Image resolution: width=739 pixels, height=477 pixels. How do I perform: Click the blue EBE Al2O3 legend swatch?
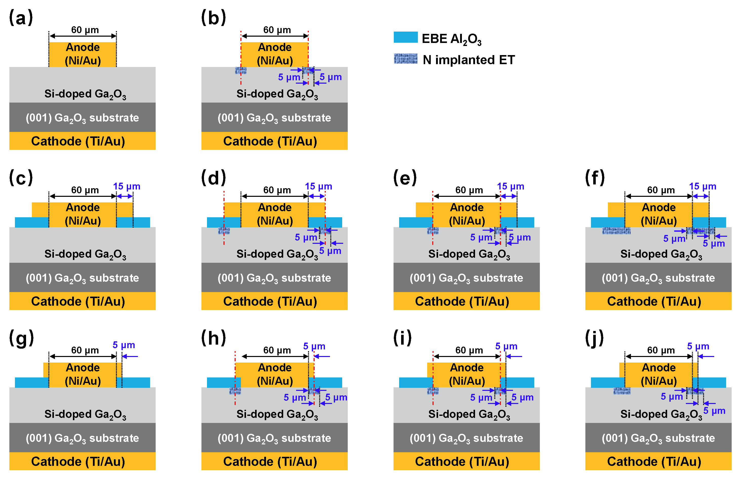(x=405, y=37)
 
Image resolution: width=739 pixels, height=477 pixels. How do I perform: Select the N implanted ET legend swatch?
(x=405, y=59)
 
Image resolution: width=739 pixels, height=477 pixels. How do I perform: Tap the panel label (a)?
(x=20, y=18)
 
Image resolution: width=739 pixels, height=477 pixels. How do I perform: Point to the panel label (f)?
(x=594, y=178)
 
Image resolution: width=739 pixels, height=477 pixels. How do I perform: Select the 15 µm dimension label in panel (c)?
(x=127, y=186)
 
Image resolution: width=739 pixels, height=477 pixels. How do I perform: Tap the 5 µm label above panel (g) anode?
(x=124, y=345)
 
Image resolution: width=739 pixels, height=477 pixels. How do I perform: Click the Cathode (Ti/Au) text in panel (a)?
(x=78, y=141)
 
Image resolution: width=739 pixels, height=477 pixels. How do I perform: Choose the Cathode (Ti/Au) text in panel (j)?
(x=654, y=462)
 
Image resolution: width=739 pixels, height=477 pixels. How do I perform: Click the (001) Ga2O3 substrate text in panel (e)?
(x=466, y=278)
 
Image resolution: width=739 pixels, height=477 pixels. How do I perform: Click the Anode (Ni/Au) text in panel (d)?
(x=275, y=214)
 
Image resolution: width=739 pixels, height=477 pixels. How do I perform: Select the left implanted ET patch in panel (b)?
(x=240, y=71)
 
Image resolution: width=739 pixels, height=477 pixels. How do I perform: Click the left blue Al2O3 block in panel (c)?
(x=32, y=222)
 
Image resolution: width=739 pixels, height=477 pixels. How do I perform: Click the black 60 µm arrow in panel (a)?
(x=83, y=36)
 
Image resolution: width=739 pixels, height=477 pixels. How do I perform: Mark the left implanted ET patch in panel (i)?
(x=433, y=391)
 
